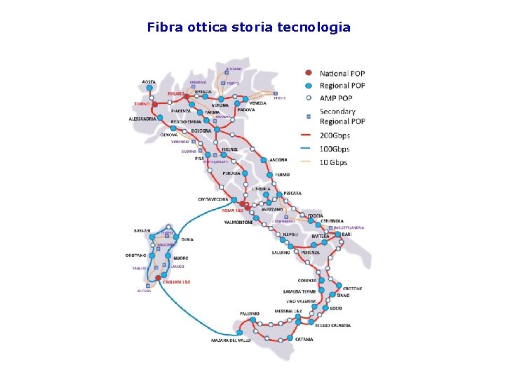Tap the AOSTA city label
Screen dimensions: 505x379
(149, 82)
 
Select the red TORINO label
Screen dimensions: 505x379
(142, 104)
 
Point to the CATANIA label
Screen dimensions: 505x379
(304, 340)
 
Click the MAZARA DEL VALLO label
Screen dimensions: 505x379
(231, 340)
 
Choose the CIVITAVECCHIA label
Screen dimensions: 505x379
(213, 199)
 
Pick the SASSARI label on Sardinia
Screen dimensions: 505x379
(142, 230)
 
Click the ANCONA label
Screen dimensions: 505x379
(278, 159)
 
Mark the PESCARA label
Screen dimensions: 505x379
(292, 193)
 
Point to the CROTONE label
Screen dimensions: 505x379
(352, 288)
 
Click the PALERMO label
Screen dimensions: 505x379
(249, 313)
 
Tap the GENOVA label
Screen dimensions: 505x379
(168, 134)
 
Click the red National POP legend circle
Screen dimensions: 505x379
(307, 73)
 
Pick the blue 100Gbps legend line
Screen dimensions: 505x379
(307, 149)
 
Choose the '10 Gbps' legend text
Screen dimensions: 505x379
(334, 162)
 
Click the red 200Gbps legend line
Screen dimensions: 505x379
(307, 135)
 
